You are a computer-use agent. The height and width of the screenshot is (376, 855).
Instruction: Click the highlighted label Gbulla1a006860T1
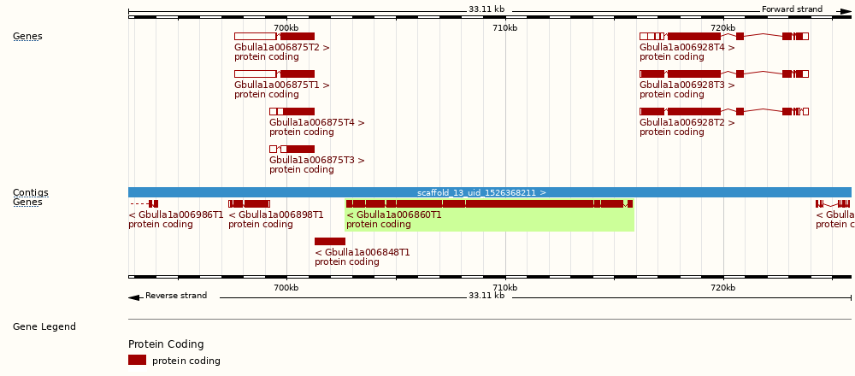(x=394, y=215)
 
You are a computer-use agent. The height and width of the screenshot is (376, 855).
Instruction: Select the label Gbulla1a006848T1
(x=363, y=253)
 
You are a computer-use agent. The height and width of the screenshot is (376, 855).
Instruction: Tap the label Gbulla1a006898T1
(x=276, y=215)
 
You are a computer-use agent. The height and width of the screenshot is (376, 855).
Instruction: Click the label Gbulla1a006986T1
(x=176, y=215)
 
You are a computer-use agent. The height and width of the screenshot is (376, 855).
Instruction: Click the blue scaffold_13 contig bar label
(x=481, y=193)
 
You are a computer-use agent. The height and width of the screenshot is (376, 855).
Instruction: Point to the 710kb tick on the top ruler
(x=505, y=28)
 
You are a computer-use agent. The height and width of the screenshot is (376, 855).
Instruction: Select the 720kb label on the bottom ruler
(x=723, y=288)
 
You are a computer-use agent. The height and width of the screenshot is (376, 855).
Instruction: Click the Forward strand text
(x=792, y=9)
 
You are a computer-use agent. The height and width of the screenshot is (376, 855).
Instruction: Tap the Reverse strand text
(x=176, y=296)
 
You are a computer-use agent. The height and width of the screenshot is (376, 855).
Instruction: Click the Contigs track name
(x=31, y=193)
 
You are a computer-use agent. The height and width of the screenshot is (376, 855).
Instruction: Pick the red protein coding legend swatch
(x=137, y=361)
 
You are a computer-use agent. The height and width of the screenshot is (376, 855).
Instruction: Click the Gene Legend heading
(x=44, y=327)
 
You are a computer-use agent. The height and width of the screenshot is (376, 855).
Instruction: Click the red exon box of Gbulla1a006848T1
(x=329, y=242)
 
